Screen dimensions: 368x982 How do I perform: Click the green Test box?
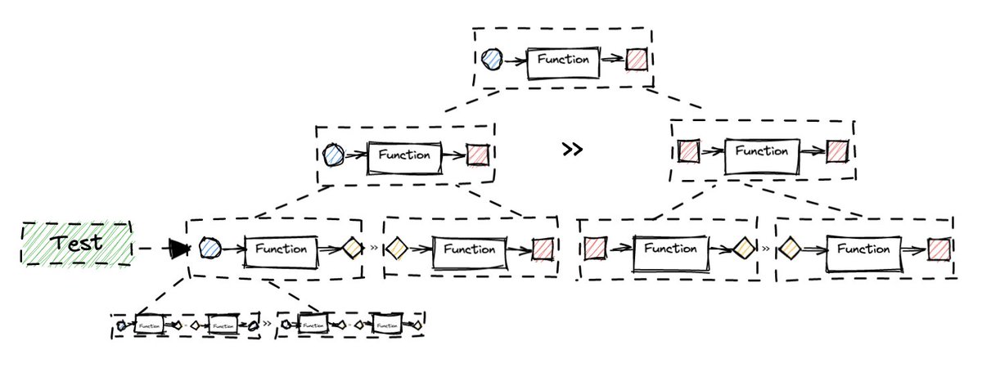pyautogui.click(x=75, y=243)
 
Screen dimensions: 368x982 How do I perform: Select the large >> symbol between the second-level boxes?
pyautogui.click(x=573, y=150)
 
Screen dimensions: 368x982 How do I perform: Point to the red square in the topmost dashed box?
pyautogui.click(x=636, y=60)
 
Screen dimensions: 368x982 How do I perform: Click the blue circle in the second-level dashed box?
pyautogui.click(x=333, y=154)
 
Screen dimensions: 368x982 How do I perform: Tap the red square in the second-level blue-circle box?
pyautogui.click(x=477, y=155)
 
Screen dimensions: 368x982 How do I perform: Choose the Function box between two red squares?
pyautogui.click(x=762, y=151)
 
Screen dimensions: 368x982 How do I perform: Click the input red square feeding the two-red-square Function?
pyautogui.click(x=689, y=151)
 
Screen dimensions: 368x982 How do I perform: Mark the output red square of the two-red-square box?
pyautogui.click(x=836, y=151)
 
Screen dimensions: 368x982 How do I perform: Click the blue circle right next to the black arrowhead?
pyautogui.click(x=209, y=248)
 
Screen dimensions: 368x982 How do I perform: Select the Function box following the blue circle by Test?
pyautogui.click(x=281, y=249)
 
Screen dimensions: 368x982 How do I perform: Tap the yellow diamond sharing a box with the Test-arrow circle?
pyautogui.click(x=351, y=248)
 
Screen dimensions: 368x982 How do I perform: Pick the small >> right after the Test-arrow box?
pyautogui.click(x=373, y=245)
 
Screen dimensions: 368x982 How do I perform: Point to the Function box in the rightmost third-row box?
pyautogui.click(x=863, y=249)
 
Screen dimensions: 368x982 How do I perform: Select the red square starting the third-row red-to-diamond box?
pyautogui.click(x=595, y=247)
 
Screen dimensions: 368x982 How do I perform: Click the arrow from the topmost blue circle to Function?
pyautogui.click(x=515, y=60)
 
